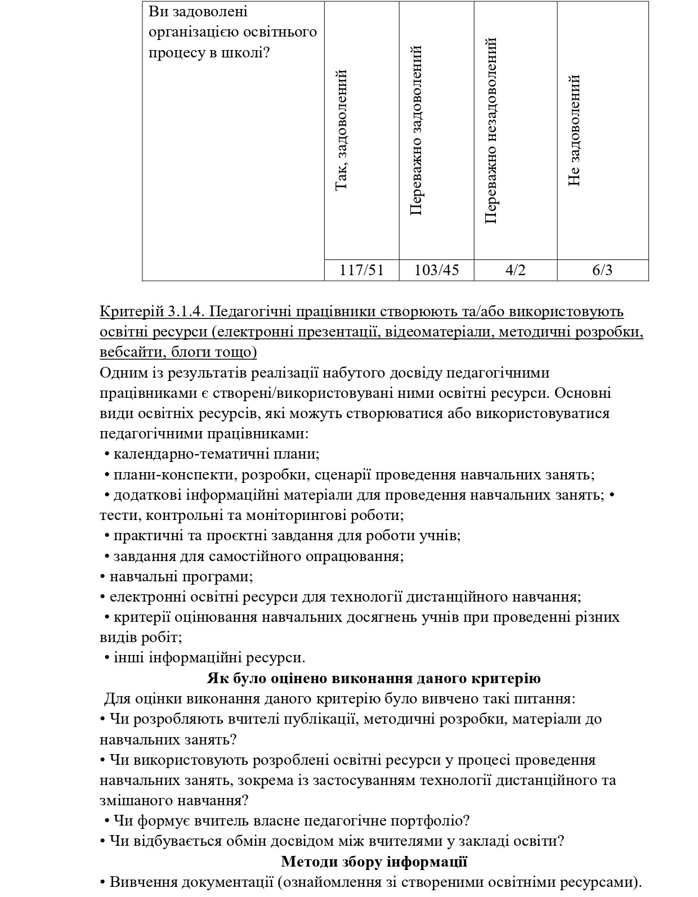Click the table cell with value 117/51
(x=361, y=270)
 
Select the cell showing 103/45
(x=436, y=270)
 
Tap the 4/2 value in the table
(x=515, y=270)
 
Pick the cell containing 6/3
(x=602, y=270)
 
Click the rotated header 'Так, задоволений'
(x=342, y=130)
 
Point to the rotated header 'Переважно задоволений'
(x=417, y=130)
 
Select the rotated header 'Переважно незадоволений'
(x=491, y=130)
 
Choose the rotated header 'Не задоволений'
(x=574, y=130)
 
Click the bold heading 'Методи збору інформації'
(x=374, y=862)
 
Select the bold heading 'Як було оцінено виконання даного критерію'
(x=374, y=678)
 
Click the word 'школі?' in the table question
(x=248, y=52)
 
